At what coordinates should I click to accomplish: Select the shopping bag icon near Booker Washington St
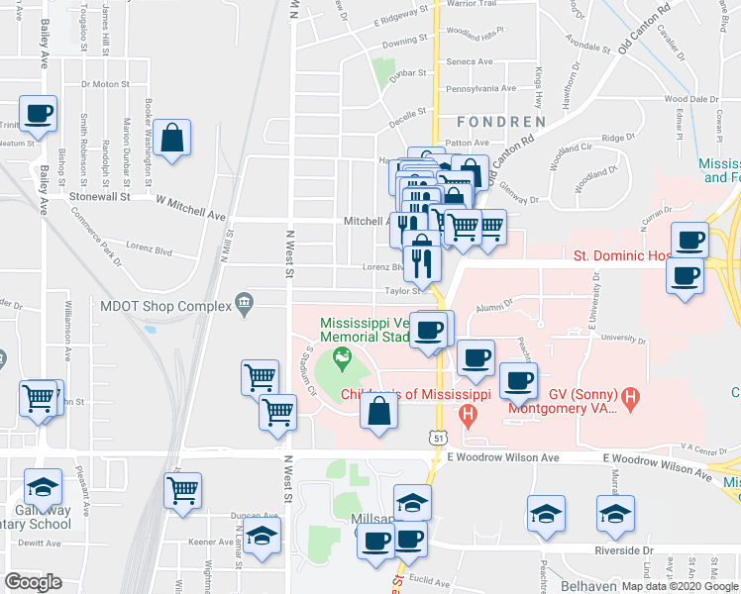[x=171, y=141]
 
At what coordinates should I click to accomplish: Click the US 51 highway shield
[x=437, y=436]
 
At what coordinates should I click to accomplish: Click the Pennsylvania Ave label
[x=480, y=88]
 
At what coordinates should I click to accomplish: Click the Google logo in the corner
[x=33, y=581]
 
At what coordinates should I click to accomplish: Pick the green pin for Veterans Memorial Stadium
[x=343, y=361]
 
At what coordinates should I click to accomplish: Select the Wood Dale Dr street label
[x=690, y=99]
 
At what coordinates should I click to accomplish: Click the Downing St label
[x=404, y=42]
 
